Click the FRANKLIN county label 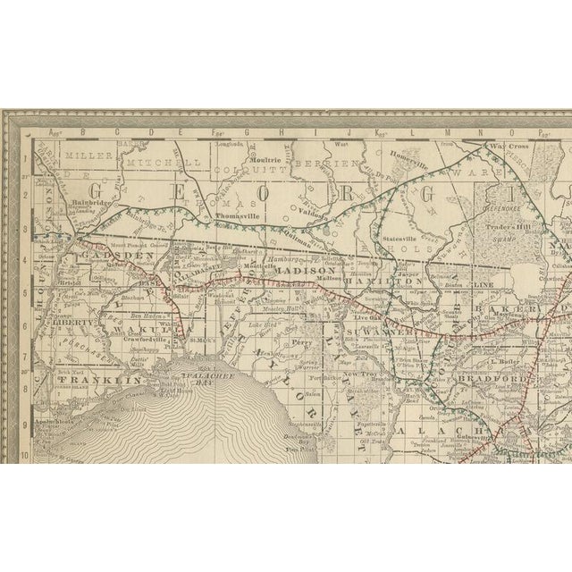tap(86, 381)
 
